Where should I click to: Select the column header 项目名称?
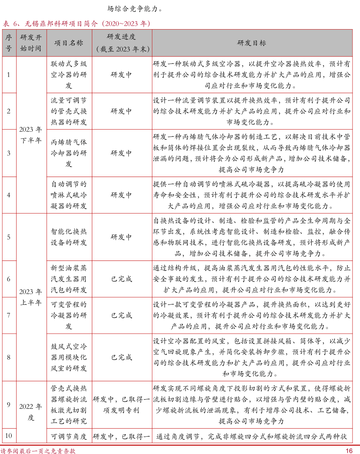(x=68, y=43)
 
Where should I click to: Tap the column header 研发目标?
(x=251, y=43)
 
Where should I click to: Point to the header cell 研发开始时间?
(x=31, y=43)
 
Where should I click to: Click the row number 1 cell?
(x=9, y=74)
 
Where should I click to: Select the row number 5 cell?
(x=9, y=237)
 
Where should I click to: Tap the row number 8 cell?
(x=9, y=357)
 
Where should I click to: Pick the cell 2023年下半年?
(x=31, y=135)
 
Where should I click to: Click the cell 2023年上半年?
(x=31, y=297)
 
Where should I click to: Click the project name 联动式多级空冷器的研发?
(x=68, y=74)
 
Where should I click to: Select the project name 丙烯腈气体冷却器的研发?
(x=68, y=153)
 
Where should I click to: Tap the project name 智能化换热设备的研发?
(x=68, y=237)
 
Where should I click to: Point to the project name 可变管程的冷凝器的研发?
(x=68, y=315)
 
